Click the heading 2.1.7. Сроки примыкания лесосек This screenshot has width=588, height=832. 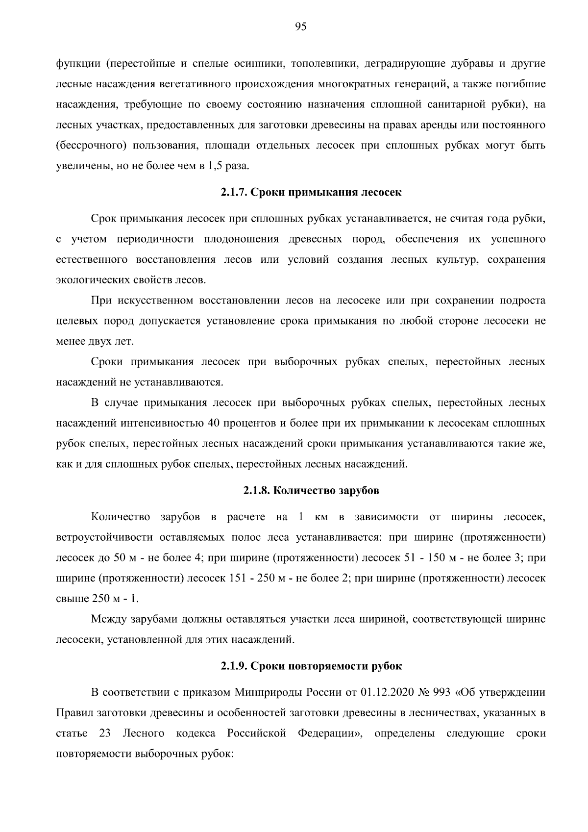311,193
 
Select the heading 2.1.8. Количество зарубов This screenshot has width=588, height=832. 311,491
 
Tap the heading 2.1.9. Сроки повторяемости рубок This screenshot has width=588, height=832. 311,666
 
